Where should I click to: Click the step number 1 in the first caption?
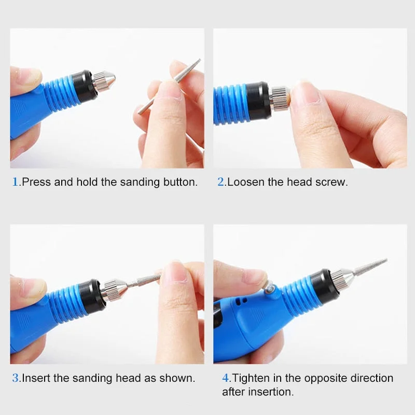click(x=15, y=182)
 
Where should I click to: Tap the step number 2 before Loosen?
click(x=221, y=182)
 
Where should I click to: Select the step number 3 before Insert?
click(x=15, y=378)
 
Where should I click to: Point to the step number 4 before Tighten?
click(x=226, y=378)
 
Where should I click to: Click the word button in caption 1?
click(x=179, y=182)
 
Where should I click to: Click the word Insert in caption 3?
click(x=35, y=378)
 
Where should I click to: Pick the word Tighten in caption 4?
click(x=253, y=378)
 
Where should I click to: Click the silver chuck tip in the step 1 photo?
click(x=104, y=80)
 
